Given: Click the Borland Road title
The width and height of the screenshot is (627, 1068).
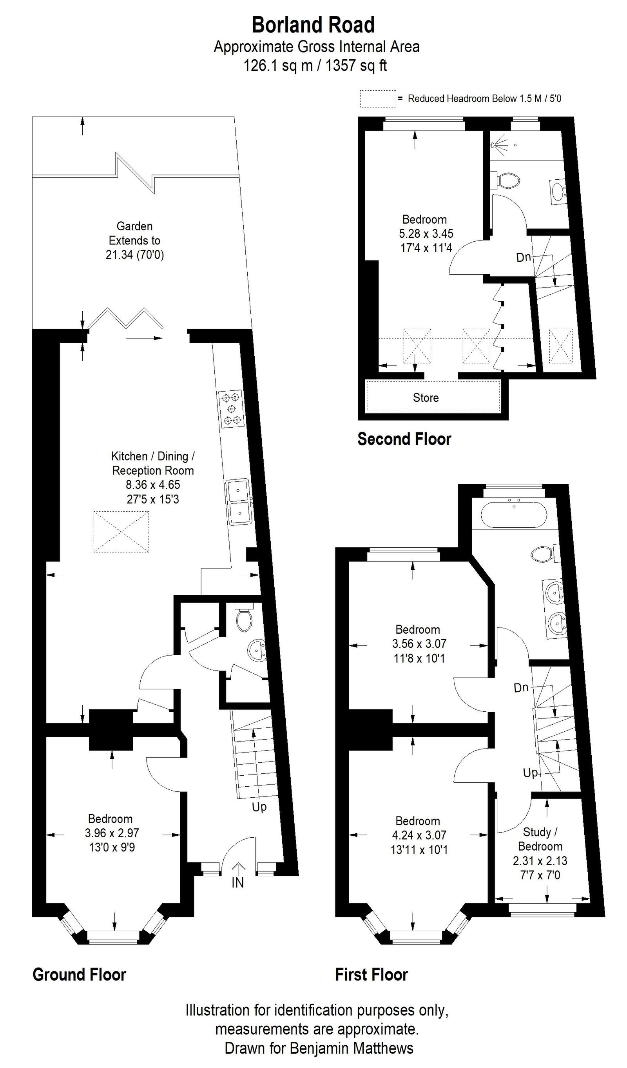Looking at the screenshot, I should pos(313,25).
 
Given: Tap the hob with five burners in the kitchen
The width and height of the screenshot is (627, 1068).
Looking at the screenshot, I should pos(231,409).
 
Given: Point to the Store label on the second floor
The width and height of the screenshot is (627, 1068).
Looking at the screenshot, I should pos(426,397).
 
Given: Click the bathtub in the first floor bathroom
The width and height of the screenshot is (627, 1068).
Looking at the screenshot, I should pos(513,515).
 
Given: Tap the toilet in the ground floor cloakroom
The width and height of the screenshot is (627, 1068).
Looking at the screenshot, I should pos(244,619).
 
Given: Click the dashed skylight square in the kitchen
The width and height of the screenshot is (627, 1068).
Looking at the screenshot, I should pos(121,532).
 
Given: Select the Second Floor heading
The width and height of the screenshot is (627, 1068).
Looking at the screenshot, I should pos(404,439).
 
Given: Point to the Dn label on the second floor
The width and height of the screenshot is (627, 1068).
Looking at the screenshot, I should pos(523,257).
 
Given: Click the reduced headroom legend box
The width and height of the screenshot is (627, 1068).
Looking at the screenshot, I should pos(378,99).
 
